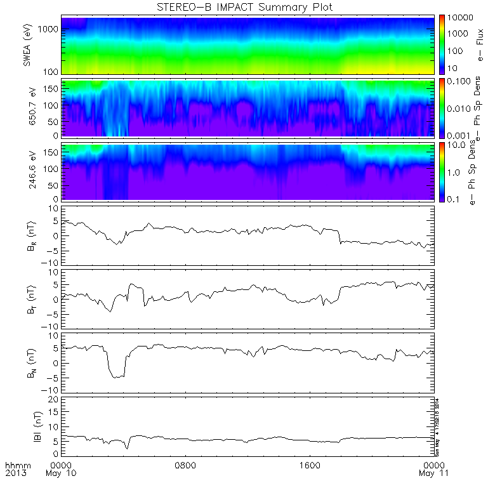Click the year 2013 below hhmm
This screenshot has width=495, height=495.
[16, 473]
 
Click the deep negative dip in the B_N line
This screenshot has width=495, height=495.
[117, 376]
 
